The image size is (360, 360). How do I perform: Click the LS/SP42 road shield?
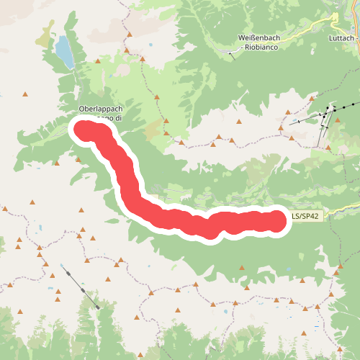point(305,215)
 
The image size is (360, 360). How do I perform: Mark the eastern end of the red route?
point(277,220)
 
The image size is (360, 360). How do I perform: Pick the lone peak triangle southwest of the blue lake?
point(26,94)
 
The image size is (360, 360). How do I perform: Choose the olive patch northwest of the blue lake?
point(48,32)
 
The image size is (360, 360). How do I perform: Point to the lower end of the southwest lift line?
point(96,307)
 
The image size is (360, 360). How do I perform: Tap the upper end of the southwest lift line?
point(63,266)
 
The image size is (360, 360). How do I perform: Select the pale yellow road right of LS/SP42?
point(338,214)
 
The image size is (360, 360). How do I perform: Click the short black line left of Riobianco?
point(231,53)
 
